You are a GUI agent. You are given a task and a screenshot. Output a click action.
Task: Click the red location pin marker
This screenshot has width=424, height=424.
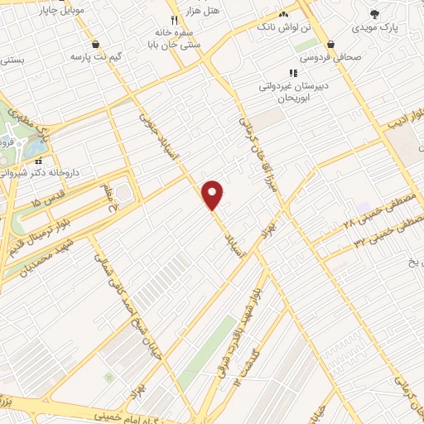pos(213,194)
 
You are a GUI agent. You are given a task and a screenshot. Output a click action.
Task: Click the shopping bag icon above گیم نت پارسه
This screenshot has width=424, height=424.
pos(97,44)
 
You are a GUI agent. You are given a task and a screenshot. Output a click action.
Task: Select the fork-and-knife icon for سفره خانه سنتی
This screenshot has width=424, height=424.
pos(173,19)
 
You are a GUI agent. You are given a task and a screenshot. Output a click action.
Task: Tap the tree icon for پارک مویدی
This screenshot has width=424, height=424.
pos(375,14)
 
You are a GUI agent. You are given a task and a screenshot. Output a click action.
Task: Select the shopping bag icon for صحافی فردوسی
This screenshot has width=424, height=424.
pos(331,44)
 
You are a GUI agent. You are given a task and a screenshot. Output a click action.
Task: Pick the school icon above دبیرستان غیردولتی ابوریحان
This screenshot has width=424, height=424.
pos(291,73)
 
